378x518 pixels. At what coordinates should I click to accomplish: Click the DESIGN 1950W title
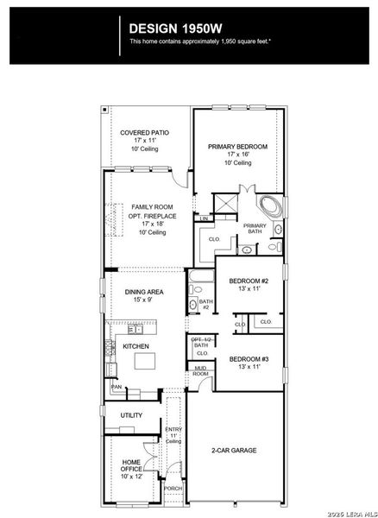click(x=175, y=28)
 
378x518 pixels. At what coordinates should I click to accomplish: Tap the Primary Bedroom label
click(x=237, y=147)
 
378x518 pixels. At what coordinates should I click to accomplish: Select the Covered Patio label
click(x=145, y=133)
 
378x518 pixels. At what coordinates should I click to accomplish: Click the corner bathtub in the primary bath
click(x=271, y=206)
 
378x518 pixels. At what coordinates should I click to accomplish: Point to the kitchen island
click(x=145, y=361)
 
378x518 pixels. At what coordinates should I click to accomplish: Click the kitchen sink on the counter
click(x=135, y=329)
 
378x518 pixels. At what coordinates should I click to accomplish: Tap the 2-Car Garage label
click(x=234, y=451)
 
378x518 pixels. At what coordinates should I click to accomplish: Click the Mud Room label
click(x=201, y=370)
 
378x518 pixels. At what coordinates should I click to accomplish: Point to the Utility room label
click(x=131, y=415)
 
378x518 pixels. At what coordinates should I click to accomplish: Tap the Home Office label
click(x=131, y=465)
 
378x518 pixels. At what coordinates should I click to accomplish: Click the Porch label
click(x=173, y=489)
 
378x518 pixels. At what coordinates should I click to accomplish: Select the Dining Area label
click(x=144, y=292)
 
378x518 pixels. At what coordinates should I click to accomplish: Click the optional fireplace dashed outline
click(x=114, y=219)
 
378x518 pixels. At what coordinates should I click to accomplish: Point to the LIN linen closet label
click(x=203, y=218)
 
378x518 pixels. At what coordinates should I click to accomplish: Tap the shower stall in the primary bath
click(x=226, y=204)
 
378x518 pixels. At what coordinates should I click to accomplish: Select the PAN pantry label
click(x=116, y=387)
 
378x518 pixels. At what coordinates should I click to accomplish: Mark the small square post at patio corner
click(x=104, y=109)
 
